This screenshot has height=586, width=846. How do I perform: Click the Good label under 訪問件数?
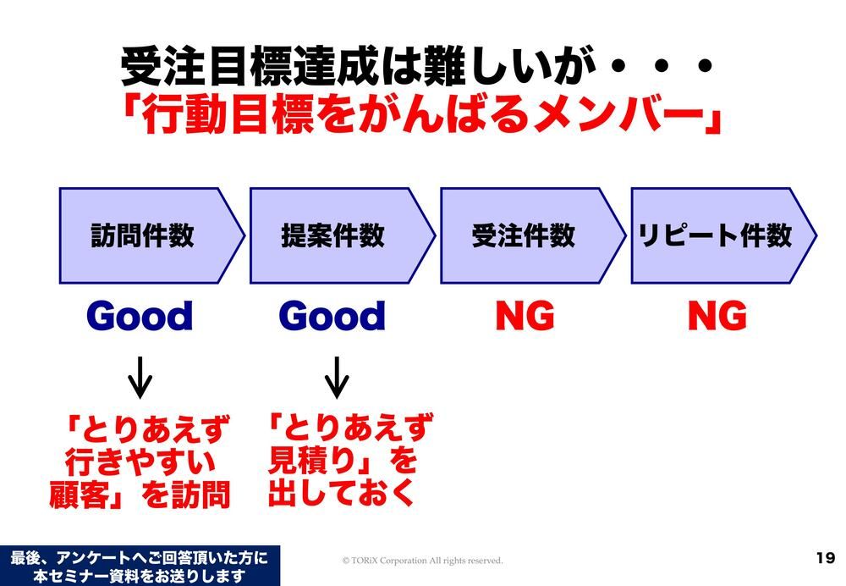(x=140, y=316)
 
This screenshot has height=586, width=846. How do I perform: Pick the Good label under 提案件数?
(x=332, y=316)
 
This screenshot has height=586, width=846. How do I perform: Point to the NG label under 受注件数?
(x=525, y=316)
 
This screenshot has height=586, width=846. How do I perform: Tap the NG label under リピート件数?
(x=717, y=316)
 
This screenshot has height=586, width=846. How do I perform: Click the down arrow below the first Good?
(x=140, y=378)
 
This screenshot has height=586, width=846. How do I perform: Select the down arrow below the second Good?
(x=337, y=378)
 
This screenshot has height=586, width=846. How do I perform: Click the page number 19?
(x=826, y=558)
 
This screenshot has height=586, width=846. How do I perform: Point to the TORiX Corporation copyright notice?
(x=422, y=561)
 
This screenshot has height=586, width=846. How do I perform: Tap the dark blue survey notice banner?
(x=140, y=566)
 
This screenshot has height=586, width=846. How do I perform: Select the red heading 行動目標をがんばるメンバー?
(x=421, y=115)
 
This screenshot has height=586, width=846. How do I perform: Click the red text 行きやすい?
(x=140, y=462)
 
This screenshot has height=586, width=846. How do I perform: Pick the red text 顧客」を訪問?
(x=140, y=495)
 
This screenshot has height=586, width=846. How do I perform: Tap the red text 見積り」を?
(x=343, y=460)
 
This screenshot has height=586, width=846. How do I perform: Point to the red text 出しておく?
(x=341, y=492)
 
